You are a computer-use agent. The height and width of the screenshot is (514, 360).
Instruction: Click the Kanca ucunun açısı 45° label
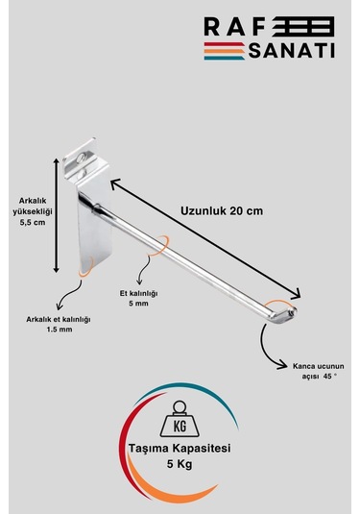[316, 372]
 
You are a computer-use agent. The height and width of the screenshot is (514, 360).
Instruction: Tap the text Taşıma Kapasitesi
[180, 449]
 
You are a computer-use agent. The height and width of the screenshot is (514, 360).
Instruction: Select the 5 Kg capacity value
[180, 464]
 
